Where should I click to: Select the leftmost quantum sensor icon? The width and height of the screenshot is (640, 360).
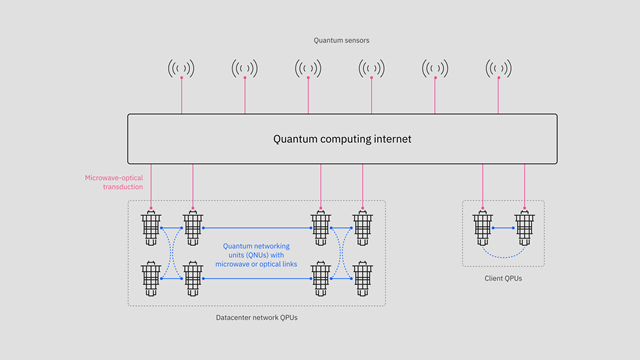pos(181,68)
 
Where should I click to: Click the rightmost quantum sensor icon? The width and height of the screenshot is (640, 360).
pos(498,68)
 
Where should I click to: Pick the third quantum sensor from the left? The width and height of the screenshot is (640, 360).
pos(308,68)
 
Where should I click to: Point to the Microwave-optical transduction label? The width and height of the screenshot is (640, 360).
pos(114,183)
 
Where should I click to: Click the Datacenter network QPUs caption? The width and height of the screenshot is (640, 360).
pos(256,317)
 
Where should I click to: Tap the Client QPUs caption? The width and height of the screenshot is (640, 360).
pos(502,278)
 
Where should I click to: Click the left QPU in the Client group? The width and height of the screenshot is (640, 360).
pos(483,228)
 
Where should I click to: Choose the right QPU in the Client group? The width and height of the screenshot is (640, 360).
pos(524,228)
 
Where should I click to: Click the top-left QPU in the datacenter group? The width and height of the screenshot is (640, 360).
pos(151,228)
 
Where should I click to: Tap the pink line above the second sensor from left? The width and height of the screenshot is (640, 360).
pos(245,96)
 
